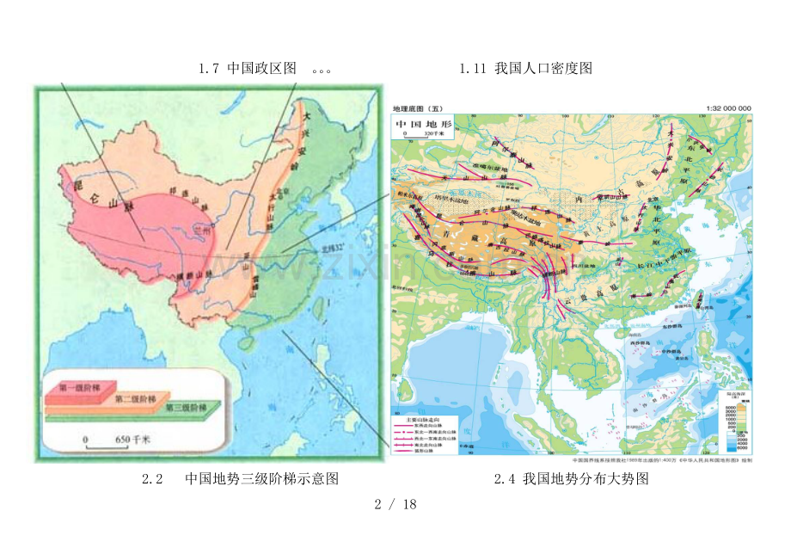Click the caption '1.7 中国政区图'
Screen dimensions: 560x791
[247, 69]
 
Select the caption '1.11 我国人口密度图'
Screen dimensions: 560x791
[525, 69]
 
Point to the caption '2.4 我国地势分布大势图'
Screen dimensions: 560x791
[571, 479]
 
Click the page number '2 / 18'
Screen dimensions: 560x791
[395, 504]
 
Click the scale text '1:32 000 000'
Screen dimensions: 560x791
[727, 108]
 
